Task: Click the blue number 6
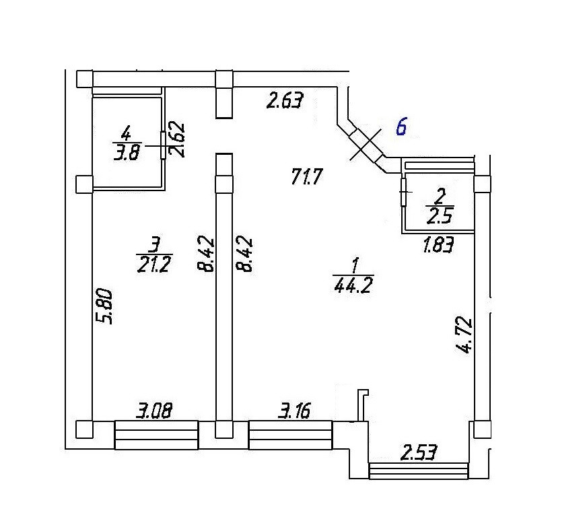pos(401,127)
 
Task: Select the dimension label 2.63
pos(285,102)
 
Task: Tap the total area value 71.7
pos(308,178)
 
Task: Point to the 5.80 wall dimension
pos(106,306)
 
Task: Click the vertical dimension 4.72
pos(464,337)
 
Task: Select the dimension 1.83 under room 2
pos(438,245)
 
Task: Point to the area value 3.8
pos(126,152)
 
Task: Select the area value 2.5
pos(438,216)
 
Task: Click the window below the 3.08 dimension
pos(156,435)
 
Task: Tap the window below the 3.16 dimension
pos(291,435)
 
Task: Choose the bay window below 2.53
pos(418,470)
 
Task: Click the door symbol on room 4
pos(163,144)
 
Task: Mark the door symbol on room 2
pos(403,193)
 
